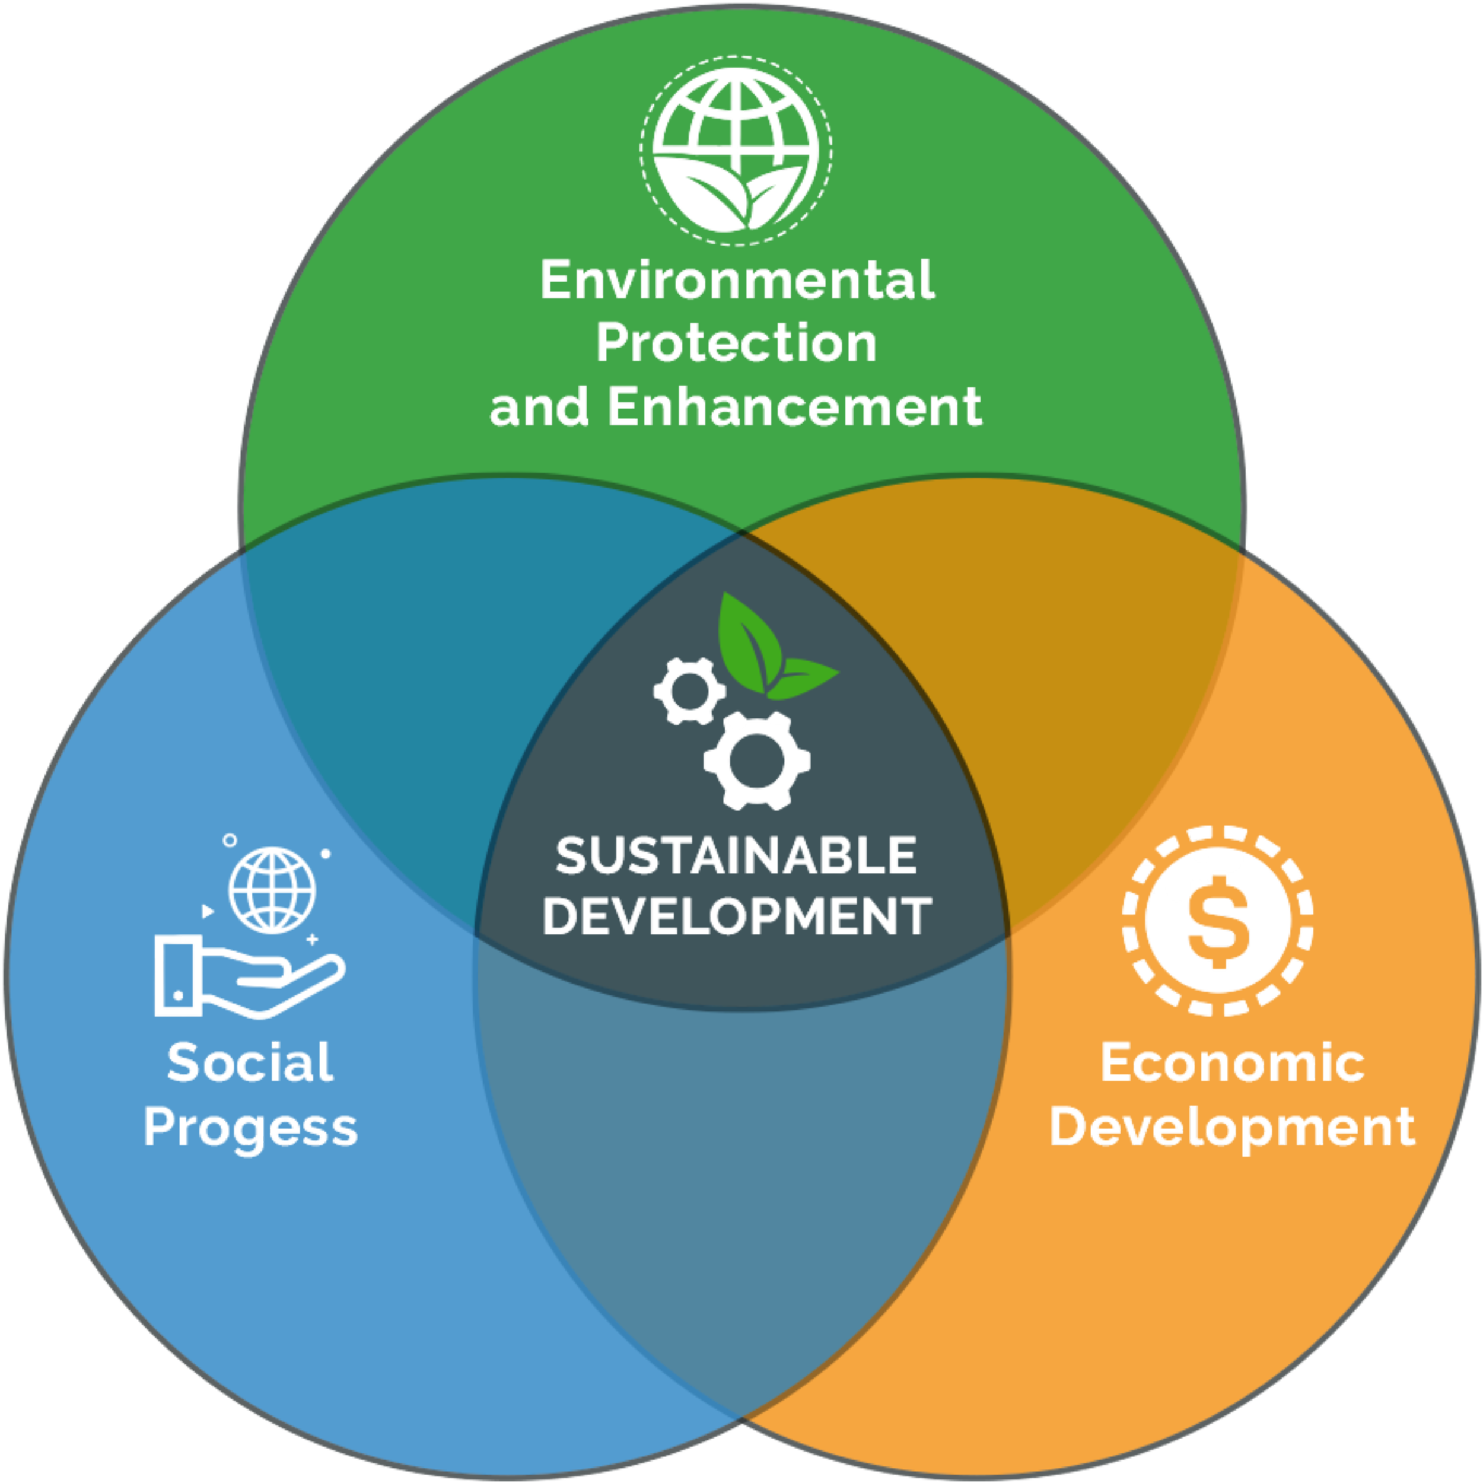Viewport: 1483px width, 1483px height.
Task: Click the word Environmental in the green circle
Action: point(738,279)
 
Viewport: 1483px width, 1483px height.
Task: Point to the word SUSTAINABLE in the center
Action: point(737,855)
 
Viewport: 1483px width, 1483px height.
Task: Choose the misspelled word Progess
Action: point(250,1128)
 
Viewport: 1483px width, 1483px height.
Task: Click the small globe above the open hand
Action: point(272,888)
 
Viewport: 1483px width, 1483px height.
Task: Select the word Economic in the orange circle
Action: point(1233,1063)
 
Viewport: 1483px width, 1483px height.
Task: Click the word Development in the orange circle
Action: point(1233,1128)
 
